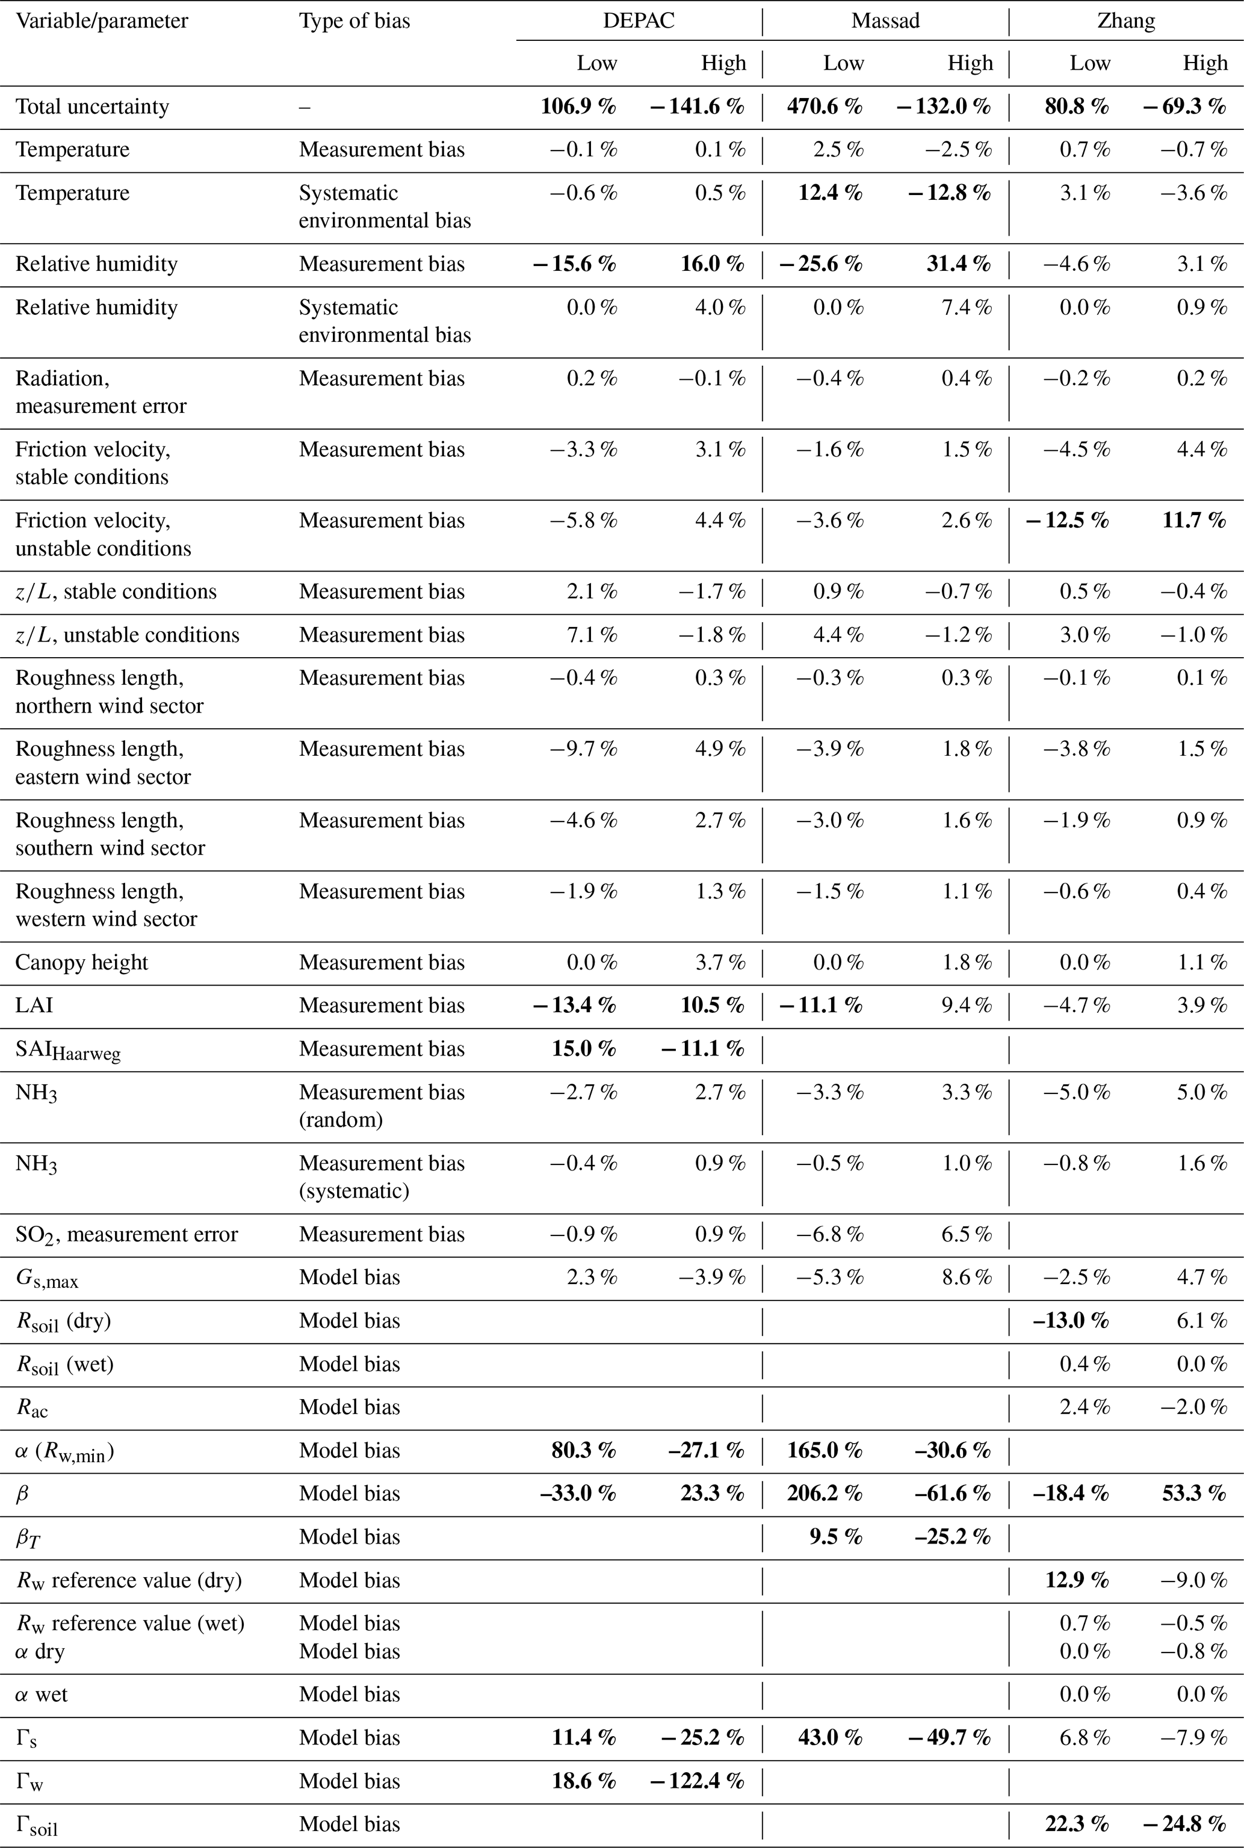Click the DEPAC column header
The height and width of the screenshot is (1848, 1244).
point(639,20)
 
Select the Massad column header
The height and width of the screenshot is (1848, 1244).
point(885,20)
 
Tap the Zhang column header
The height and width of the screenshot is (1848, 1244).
point(1126,20)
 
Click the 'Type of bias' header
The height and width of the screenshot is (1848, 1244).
point(354,20)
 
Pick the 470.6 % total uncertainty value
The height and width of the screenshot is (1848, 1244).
point(825,107)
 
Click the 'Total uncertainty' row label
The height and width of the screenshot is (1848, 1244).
point(92,107)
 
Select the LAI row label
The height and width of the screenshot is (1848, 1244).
point(34,1006)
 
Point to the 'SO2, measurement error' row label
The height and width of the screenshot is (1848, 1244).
point(127,1234)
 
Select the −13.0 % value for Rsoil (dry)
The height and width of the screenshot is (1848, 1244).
point(1070,1321)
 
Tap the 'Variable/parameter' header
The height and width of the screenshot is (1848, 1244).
point(102,20)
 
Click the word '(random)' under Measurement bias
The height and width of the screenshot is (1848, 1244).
point(341,1119)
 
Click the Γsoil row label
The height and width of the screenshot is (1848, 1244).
point(37,1824)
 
